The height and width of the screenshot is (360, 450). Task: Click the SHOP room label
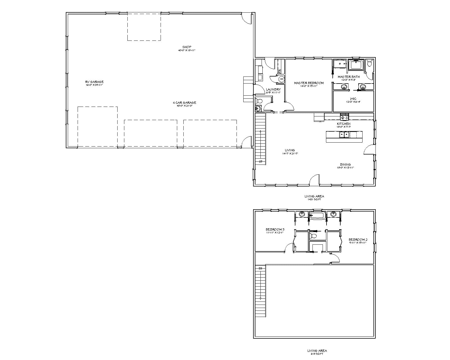187,47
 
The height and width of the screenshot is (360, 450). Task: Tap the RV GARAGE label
94,82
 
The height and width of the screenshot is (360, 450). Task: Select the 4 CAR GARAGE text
184,103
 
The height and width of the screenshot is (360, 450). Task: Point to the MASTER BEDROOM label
309,83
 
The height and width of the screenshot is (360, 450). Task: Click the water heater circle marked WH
281,79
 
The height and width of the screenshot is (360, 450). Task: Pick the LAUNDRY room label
273,89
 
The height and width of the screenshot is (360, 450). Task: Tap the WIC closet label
353,99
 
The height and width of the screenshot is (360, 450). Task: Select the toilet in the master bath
370,63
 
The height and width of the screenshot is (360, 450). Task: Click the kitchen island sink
344,135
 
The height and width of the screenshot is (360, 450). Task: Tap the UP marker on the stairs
260,161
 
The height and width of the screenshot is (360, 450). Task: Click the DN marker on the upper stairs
260,268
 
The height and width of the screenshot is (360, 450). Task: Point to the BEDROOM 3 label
275,229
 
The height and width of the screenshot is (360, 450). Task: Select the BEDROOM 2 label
358,240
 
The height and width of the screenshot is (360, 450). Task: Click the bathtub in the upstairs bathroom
317,216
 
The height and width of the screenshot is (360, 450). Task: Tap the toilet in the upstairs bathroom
313,235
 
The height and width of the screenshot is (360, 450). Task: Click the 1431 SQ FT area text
314,199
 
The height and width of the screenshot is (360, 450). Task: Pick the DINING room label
345,165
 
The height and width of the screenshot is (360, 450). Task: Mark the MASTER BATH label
348,76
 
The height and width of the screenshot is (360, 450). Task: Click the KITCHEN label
344,124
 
